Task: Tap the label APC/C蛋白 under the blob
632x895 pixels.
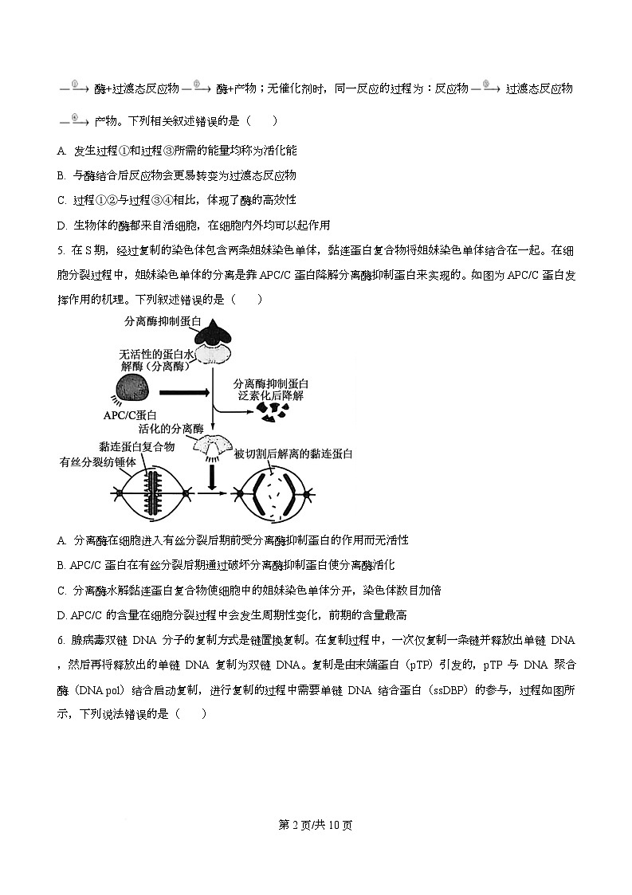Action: coord(130,415)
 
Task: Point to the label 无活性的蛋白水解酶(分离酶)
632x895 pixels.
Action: coord(156,360)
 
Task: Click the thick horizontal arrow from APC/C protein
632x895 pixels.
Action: coord(185,392)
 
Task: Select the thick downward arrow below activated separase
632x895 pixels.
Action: coord(212,476)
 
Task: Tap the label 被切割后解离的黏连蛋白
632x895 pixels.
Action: coord(293,453)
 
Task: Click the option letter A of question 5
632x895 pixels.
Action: coord(61,540)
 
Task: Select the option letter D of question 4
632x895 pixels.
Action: coord(61,226)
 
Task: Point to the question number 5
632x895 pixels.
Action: coord(61,250)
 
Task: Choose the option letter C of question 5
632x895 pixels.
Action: coord(61,591)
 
